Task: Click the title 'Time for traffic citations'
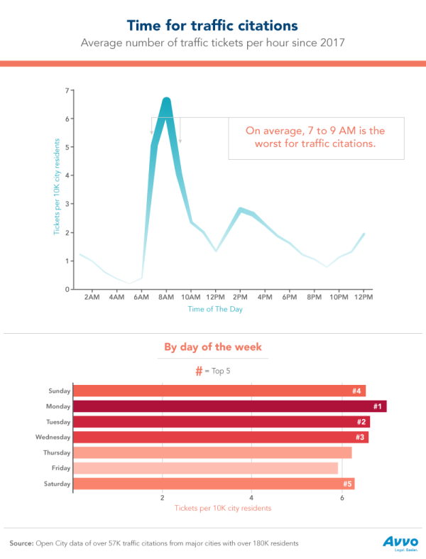(212, 26)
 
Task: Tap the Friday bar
(206, 468)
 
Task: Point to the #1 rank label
(378, 406)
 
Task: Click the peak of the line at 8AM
(166, 100)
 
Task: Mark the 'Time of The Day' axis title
(216, 310)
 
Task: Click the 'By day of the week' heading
(213, 347)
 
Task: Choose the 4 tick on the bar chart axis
(251, 497)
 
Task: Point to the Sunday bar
(219, 391)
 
